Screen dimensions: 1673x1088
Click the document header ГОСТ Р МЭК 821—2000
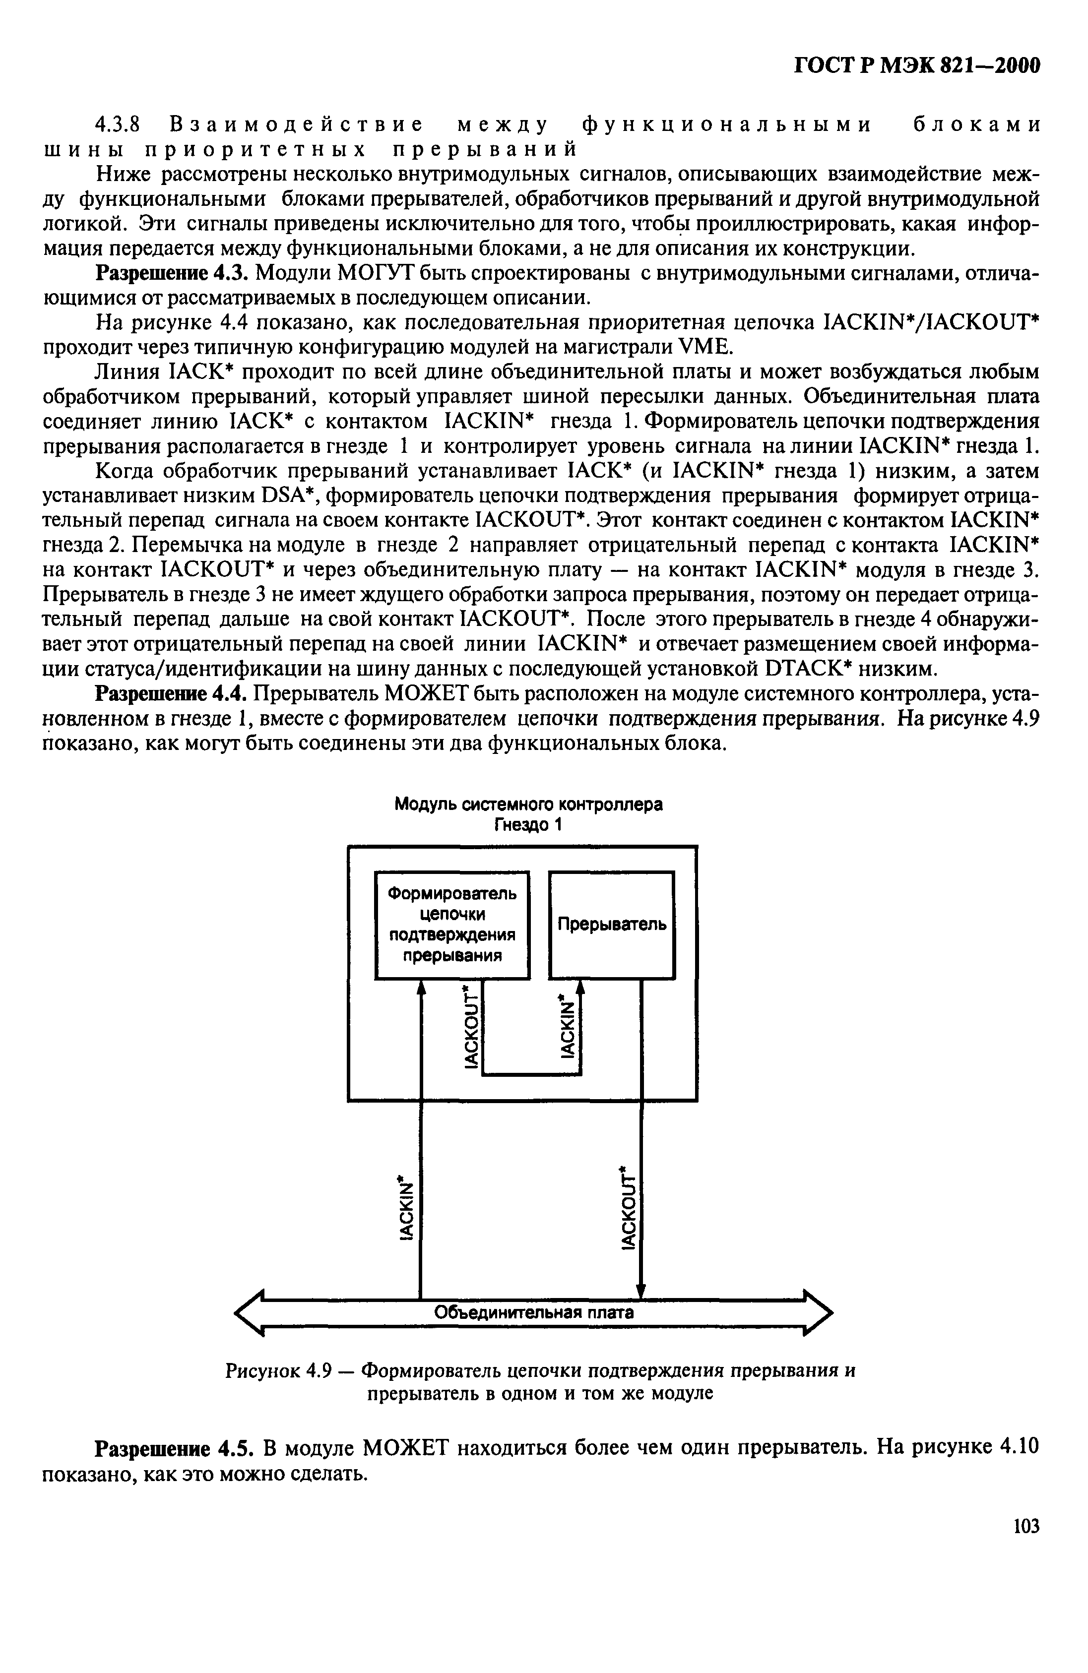[916, 65]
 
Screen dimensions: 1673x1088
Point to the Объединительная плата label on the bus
[534, 1312]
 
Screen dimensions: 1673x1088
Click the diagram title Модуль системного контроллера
[528, 804]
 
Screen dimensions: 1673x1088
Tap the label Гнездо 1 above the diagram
[528, 824]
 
